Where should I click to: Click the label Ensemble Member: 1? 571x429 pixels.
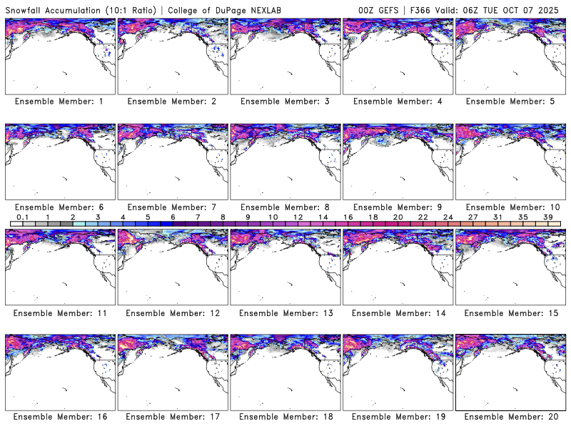[x=59, y=102]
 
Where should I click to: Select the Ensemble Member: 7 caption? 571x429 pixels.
[x=171, y=207]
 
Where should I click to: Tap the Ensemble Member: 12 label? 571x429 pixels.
[x=171, y=312]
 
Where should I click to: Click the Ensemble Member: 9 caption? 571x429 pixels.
[x=396, y=207]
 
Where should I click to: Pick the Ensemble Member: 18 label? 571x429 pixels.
[x=284, y=417]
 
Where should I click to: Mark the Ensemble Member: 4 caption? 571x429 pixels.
[x=396, y=102]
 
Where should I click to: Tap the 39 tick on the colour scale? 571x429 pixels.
[x=548, y=217]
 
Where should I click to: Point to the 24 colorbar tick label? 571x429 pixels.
[x=448, y=217]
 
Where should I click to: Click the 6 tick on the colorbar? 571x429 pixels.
[x=173, y=217]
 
